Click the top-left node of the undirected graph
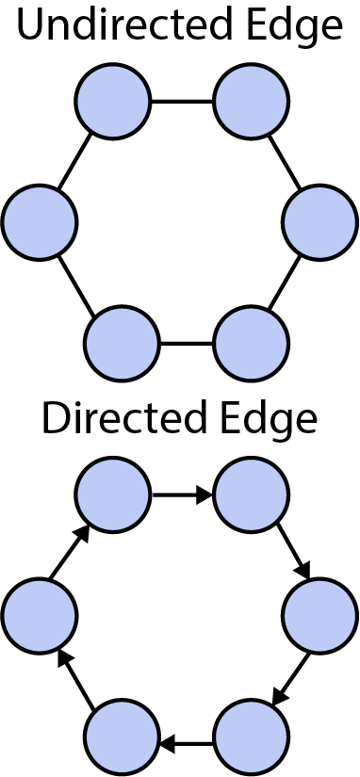pos(113,101)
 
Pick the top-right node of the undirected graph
pos(251,101)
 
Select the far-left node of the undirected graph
pos(40,222)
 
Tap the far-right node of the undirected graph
pos(320,222)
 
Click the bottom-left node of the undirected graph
pos(122,343)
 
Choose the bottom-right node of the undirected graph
pos(251,343)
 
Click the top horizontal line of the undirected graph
pos(182,101)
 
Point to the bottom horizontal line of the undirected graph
pos(187,343)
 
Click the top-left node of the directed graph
pos(113,494)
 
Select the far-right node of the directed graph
pos(320,616)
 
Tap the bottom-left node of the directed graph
pos(122,737)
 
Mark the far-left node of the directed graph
pos(40,616)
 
